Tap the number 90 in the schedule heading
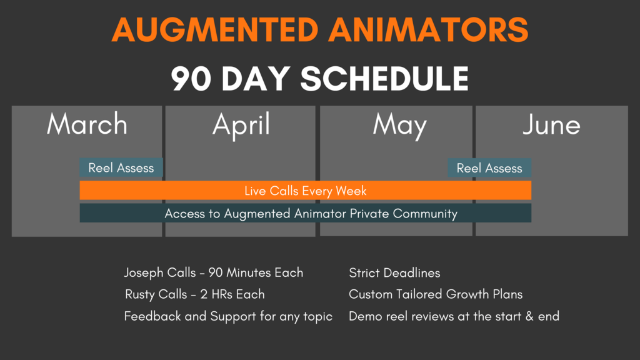point(191,79)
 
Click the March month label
point(87,124)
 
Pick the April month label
point(241,124)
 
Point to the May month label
point(399,125)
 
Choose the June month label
point(551,125)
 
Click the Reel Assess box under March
point(121,168)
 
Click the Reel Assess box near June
point(489,168)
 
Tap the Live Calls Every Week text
point(306,191)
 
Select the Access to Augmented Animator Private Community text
point(311,214)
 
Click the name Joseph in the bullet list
point(143,273)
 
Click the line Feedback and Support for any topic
point(228,316)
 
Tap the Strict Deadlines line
point(394,273)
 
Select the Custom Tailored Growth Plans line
point(436,294)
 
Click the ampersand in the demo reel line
point(529,316)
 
